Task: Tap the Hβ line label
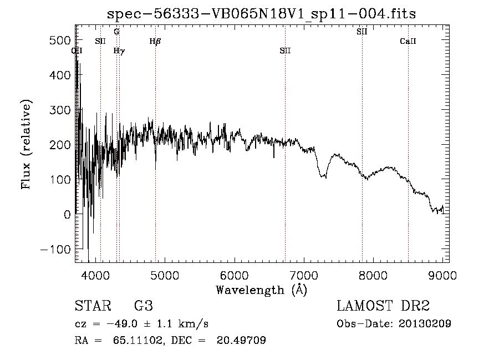pos(155,40)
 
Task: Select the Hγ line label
pos(119,50)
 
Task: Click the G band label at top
pos(116,32)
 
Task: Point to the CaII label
pos(408,40)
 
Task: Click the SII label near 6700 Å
pos(285,50)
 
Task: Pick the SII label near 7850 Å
pos(362,32)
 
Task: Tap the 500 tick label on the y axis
pos(57,40)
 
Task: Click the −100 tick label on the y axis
pos(53,249)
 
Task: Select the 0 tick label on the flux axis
pos(67,214)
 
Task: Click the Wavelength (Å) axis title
pos(261,289)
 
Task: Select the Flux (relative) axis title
pos(26,144)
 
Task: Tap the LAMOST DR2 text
pos(383,306)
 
